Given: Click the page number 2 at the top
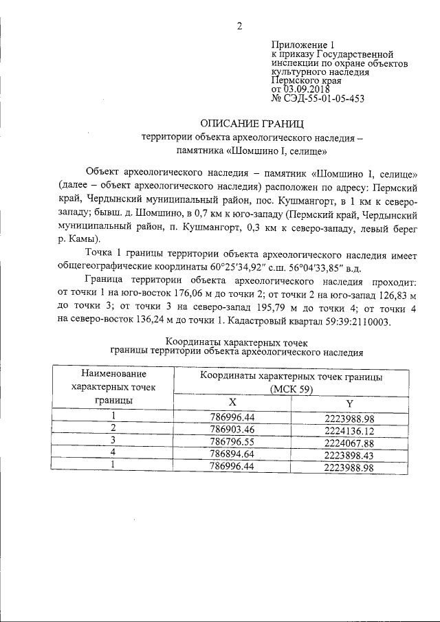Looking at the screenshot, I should pos(240,27).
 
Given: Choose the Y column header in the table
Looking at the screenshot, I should pos(349,402).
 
